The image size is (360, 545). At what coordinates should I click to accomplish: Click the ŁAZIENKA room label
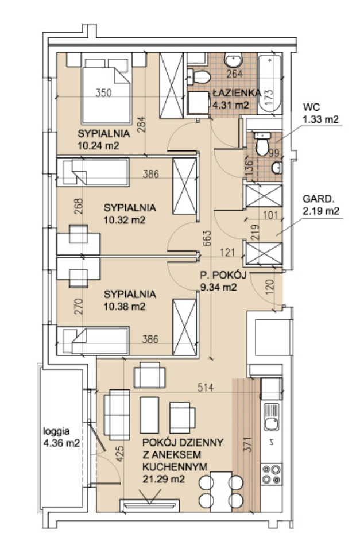pos(237,93)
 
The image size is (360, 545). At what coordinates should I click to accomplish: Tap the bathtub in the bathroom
pos(270,83)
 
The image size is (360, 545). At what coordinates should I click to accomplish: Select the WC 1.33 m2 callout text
pos(320,113)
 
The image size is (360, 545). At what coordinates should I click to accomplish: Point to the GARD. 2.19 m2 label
pos(321,204)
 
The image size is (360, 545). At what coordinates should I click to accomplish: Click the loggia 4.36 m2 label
pos(61,437)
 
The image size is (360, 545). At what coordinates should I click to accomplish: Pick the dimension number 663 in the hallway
pos(207,238)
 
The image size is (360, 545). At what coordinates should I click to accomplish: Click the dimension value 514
pos(206,387)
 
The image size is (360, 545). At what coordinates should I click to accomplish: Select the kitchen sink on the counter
pos(272,417)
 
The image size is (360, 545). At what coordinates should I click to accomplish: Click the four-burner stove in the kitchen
pos(272,474)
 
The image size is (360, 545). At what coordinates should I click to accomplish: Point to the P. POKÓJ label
pos(223,275)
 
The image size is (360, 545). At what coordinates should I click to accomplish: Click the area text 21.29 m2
pos(163,479)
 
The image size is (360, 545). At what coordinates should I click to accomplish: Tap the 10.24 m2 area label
pos(98,145)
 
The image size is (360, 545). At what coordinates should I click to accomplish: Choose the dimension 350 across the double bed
pos(103,93)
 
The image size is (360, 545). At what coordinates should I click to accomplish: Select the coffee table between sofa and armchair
pos(149,415)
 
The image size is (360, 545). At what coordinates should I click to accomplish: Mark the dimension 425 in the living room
pos(119,454)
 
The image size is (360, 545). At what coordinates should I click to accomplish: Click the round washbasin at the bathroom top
pos(233,60)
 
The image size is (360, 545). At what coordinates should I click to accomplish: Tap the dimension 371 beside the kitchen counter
pos(247,444)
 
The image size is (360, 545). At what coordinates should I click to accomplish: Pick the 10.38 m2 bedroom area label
pos(125,306)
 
